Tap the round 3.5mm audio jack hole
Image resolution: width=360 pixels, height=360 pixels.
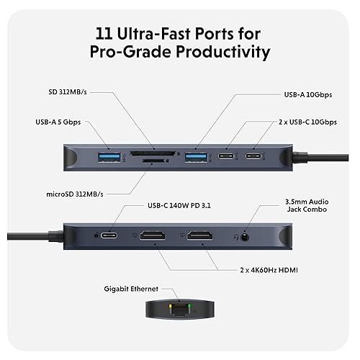tap(248, 235)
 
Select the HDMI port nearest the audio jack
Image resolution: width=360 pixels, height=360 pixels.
tap(204, 235)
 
